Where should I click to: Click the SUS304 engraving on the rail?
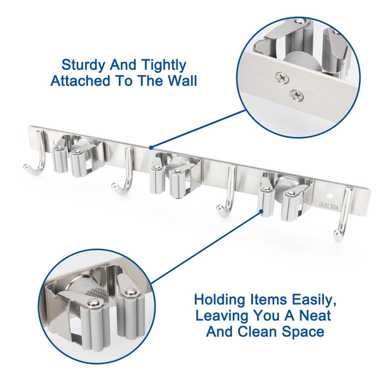(x=328, y=205)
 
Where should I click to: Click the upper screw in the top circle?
(x=283, y=77)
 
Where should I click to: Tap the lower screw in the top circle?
(x=297, y=95)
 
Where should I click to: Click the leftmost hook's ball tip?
(x=27, y=167)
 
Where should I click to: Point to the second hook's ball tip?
(x=115, y=186)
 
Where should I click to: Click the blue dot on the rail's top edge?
(x=151, y=147)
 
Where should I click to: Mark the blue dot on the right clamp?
(x=261, y=211)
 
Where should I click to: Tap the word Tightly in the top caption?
(x=164, y=66)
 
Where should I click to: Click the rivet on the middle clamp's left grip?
(x=155, y=168)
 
